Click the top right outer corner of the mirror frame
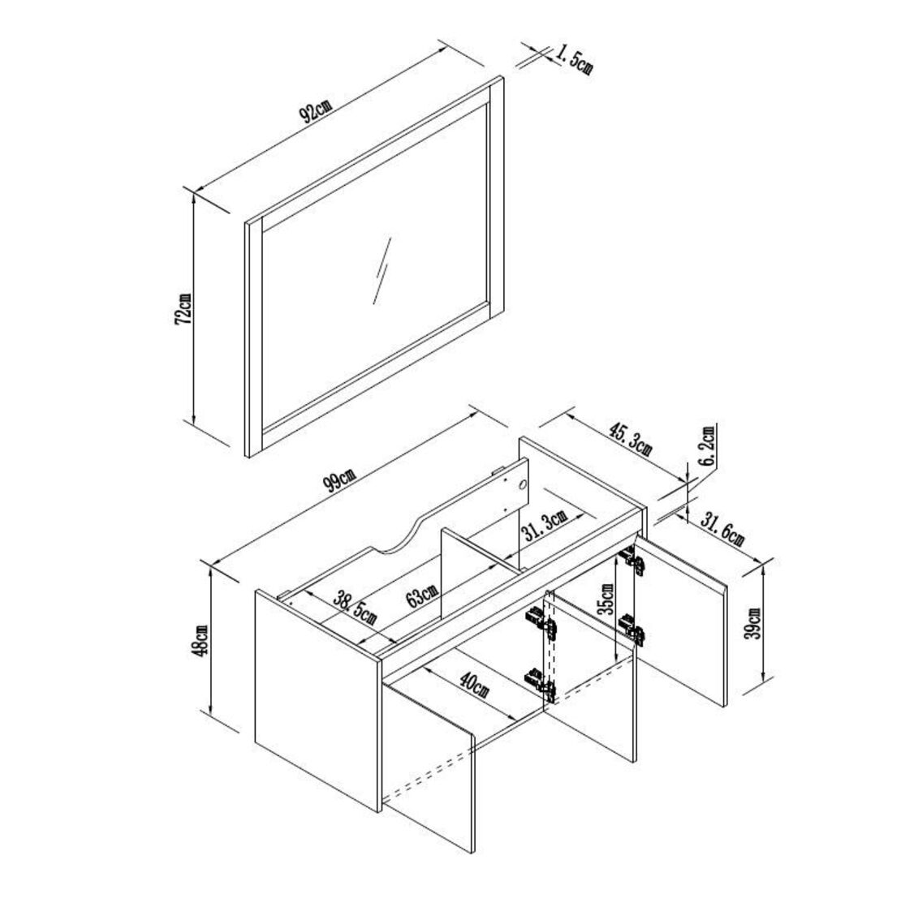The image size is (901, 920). point(503,76)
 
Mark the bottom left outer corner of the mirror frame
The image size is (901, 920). point(247,457)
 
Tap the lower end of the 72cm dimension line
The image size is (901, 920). point(192,422)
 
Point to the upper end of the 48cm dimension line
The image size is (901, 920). point(209,567)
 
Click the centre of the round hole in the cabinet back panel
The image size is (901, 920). point(523,485)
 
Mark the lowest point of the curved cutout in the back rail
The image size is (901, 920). point(387,552)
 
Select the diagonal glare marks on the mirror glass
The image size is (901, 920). point(382,270)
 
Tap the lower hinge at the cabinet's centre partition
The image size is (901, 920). point(541,684)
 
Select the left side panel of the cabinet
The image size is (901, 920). point(319,701)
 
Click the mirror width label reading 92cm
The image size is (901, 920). point(315,111)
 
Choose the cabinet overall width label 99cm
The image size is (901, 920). point(338,482)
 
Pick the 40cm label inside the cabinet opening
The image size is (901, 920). point(474,685)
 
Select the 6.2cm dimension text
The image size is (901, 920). point(708,445)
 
